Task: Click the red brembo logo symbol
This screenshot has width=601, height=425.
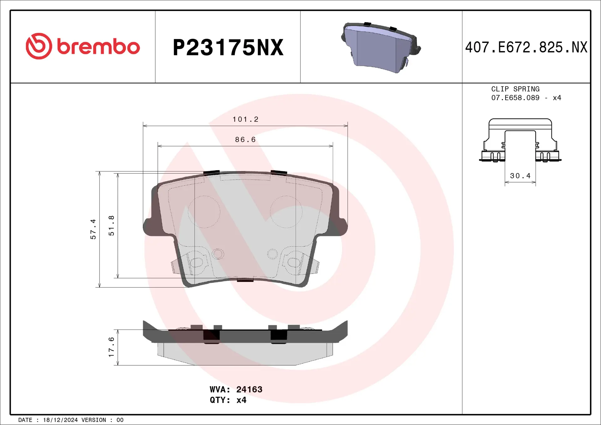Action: pyautogui.click(x=39, y=46)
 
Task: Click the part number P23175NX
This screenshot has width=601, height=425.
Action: pyautogui.click(x=228, y=48)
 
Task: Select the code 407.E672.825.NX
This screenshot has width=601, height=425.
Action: pyautogui.click(x=526, y=48)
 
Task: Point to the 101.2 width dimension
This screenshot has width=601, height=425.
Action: pyautogui.click(x=245, y=119)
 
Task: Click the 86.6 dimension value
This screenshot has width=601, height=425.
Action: pyautogui.click(x=245, y=140)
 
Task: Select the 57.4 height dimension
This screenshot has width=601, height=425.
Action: pyautogui.click(x=93, y=229)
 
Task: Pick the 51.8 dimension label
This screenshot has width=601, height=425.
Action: pyautogui.click(x=111, y=225)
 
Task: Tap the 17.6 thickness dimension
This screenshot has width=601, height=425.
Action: pyautogui.click(x=111, y=347)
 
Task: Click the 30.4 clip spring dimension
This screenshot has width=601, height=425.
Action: pyautogui.click(x=520, y=176)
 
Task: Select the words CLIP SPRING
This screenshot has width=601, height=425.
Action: pyautogui.click(x=515, y=89)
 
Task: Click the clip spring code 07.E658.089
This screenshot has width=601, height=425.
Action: pyautogui.click(x=515, y=98)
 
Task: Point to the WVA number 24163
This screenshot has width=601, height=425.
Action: pyautogui.click(x=249, y=389)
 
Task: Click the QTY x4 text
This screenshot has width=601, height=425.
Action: pyautogui.click(x=228, y=400)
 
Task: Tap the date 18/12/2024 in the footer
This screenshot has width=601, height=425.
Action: pyautogui.click(x=60, y=420)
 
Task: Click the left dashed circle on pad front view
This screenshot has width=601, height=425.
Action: pyautogui.click(x=204, y=212)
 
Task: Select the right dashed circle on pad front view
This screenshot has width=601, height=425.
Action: pyautogui.click(x=286, y=212)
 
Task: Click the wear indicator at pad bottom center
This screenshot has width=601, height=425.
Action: pyautogui.click(x=245, y=280)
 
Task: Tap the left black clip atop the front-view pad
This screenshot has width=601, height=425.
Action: pyautogui.click(x=212, y=173)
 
